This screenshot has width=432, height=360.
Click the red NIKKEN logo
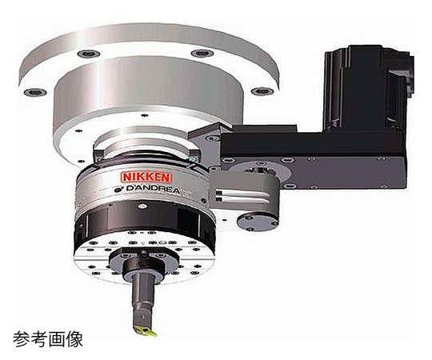tap(147, 178)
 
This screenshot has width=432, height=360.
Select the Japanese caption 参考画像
tap(48, 339)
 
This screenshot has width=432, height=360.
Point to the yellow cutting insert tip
tap(146, 330)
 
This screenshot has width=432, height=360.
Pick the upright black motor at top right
tap(368, 88)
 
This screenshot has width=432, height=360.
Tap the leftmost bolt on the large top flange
tap(34, 92)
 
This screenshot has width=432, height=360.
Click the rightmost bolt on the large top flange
tap(262, 91)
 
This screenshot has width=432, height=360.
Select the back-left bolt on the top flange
tap(89, 54)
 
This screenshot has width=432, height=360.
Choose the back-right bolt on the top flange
tap(202, 53)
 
